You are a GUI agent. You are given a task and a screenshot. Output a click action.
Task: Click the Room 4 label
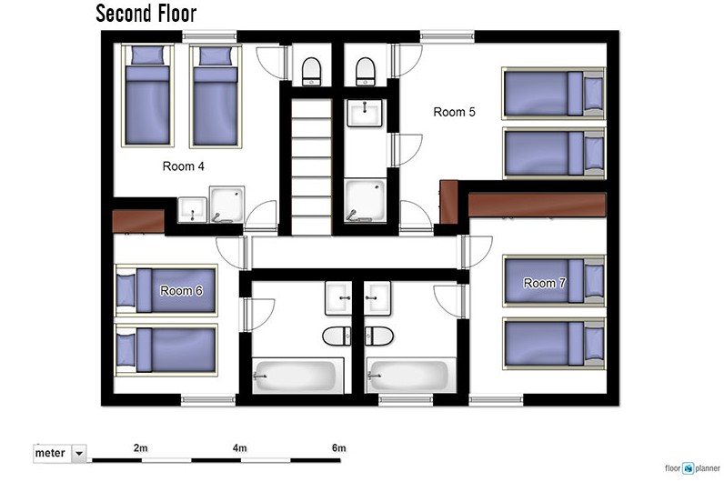click(x=184, y=166)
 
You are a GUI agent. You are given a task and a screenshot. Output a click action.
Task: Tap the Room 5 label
click(x=455, y=112)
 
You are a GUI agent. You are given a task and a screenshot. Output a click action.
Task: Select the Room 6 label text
click(x=182, y=290)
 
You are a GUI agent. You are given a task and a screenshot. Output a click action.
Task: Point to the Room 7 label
click(x=545, y=283)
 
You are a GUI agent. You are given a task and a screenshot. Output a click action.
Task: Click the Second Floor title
click(x=146, y=14)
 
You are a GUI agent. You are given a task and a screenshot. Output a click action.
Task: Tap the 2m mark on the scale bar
click(x=141, y=447)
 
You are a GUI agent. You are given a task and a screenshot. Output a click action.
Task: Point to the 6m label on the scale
click(x=339, y=447)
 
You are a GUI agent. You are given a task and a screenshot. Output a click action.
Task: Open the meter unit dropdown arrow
click(x=79, y=454)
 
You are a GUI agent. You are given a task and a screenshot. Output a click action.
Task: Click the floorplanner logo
click(x=692, y=468)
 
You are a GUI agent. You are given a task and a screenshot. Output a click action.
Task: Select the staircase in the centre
click(x=311, y=166)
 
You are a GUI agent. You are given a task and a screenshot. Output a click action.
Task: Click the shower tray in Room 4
click(x=226, y=205)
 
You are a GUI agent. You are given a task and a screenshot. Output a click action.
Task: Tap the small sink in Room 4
click(x=192, y=209)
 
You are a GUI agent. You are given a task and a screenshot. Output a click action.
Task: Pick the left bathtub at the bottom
click(x=297, y=376)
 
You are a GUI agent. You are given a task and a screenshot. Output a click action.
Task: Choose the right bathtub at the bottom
click(x=410, y=376)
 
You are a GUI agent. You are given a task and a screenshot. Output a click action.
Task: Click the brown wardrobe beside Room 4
click(x=138, y=222)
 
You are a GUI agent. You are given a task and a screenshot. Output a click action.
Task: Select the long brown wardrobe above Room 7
click(x=537, y=205)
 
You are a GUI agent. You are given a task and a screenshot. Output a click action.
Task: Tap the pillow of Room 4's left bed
click(x=147, y=55)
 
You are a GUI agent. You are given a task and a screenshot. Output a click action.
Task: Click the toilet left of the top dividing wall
click(x=312, y=72)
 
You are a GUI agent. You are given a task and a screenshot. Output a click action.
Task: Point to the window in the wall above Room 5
click(x=447, y=37)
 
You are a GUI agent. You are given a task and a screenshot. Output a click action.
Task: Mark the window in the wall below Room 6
click(x=208, y=400)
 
